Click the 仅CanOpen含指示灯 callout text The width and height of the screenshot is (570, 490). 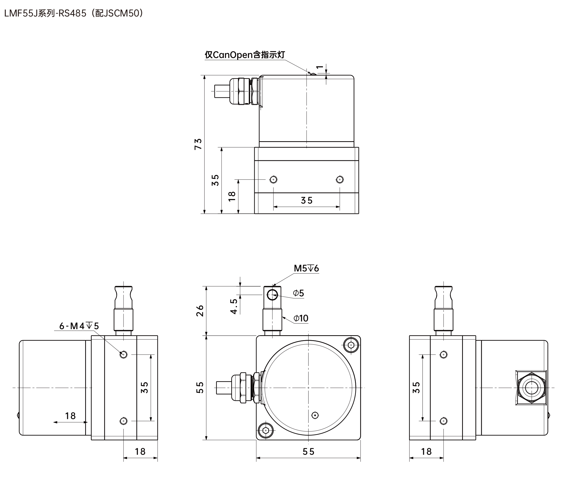point(245,55)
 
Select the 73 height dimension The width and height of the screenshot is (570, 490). point(198,144)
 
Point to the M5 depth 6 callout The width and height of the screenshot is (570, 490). point(306,268)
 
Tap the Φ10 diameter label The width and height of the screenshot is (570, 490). point(301,318)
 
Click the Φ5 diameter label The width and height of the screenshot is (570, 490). point(299,293)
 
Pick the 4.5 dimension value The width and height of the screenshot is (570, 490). point(234,306)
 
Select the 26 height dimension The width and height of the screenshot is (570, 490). point(200,311)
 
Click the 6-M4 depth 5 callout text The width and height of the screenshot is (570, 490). point(79,326)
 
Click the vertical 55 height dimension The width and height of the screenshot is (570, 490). point(200,387)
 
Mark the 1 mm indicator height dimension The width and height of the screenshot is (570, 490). point(320,67)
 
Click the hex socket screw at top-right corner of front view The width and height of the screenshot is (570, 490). point(351,345)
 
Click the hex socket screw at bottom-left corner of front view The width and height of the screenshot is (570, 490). point(265,430)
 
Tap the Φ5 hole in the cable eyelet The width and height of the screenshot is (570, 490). point(272,295)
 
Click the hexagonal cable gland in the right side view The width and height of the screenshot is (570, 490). point(531,388)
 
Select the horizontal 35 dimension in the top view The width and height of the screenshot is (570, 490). point(306,200)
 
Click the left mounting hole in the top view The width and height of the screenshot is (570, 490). point(273,180)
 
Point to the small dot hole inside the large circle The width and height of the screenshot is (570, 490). point(315,415)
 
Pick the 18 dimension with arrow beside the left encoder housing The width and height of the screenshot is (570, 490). point(70,416)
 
